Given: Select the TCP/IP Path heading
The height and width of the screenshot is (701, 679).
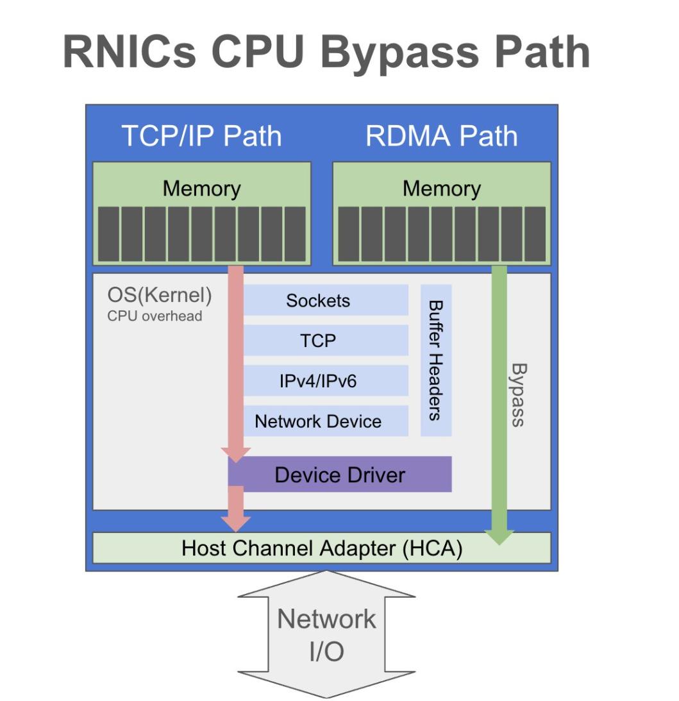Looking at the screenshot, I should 201,136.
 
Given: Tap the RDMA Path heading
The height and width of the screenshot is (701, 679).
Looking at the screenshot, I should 441,136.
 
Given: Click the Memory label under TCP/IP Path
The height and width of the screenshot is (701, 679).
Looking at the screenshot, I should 201,189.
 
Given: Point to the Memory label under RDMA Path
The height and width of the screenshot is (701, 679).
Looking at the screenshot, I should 441,189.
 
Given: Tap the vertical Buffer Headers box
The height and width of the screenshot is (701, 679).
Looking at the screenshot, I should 436,360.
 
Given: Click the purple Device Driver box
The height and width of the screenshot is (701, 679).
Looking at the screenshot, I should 340,475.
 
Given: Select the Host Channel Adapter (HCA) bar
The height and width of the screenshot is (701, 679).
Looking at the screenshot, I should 322,548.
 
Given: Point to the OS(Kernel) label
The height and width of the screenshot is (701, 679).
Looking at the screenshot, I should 160,297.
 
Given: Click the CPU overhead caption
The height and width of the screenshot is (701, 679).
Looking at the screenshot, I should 155,316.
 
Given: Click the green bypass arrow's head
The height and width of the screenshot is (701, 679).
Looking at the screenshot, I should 499,536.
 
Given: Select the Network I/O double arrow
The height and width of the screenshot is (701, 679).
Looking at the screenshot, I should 327,635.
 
